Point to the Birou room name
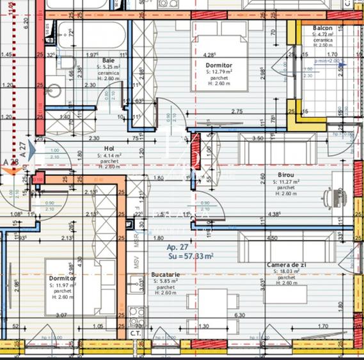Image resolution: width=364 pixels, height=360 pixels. coord(287,174)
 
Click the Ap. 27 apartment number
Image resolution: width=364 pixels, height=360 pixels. coord(177,247)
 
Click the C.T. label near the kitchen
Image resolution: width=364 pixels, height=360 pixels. coord(135,333)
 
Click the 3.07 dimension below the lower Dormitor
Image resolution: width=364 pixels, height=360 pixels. coord(62,316)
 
